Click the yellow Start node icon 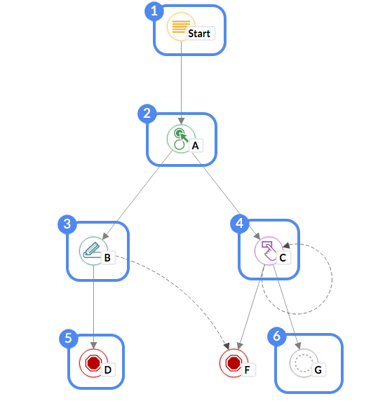180,28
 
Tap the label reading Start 198,34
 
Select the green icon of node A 180,137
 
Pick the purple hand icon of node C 268,250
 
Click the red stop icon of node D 93,362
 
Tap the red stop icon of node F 232,362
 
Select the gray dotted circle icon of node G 303,362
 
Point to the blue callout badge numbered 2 147,113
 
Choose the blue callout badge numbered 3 67,224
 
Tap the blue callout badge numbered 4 240,224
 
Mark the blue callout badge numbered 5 68,338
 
